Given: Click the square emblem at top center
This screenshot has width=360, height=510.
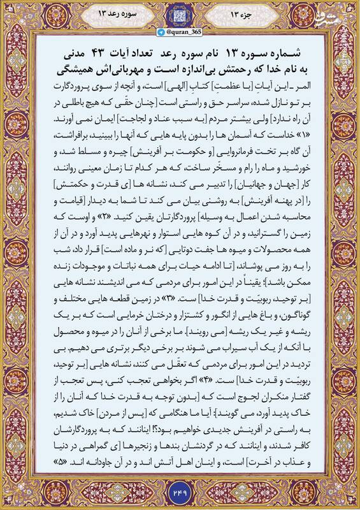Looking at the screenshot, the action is (180, 15).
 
